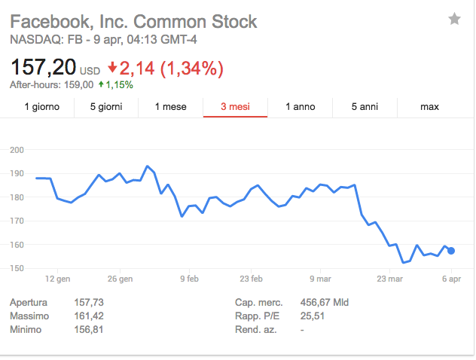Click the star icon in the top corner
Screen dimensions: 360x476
coord(454,19)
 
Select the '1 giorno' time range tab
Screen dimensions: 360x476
coord(41,107)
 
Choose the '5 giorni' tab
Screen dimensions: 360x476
coord(105,107)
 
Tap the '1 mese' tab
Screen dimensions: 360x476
coord(170,107)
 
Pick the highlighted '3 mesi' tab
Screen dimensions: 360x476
coord(235,107)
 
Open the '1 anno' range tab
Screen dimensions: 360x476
coord(300,107)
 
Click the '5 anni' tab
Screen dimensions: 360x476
coord(365,107)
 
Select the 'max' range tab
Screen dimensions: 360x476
coord(429,107)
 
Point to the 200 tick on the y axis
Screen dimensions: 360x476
coord(17,150)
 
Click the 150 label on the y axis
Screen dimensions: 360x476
coord(17,268)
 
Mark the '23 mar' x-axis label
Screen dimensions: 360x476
coord(389,279)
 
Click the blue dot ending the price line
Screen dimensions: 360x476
coord(451,251)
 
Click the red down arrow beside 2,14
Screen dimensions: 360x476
coord(113,69)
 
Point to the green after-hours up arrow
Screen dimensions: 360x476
coord(100,85)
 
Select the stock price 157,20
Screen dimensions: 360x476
coord(43,69)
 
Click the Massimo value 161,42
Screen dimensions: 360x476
coord(89,316)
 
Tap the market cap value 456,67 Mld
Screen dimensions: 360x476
coord(324,302)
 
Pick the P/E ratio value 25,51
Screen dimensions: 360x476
coord(312,316)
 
